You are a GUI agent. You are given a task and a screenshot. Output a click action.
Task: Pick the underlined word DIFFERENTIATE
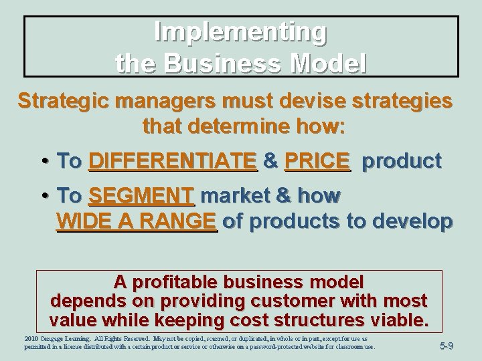(x=173, y=161)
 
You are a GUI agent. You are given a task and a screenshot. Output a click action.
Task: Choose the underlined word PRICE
(x=317, y=161)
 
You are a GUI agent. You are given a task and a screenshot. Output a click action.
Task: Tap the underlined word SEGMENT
(x=141, y=197)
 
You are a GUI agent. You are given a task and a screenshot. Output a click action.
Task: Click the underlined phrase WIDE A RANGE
(x=137, y=221)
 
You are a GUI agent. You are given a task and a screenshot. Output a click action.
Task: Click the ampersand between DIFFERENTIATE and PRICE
(x=271, y=161)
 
